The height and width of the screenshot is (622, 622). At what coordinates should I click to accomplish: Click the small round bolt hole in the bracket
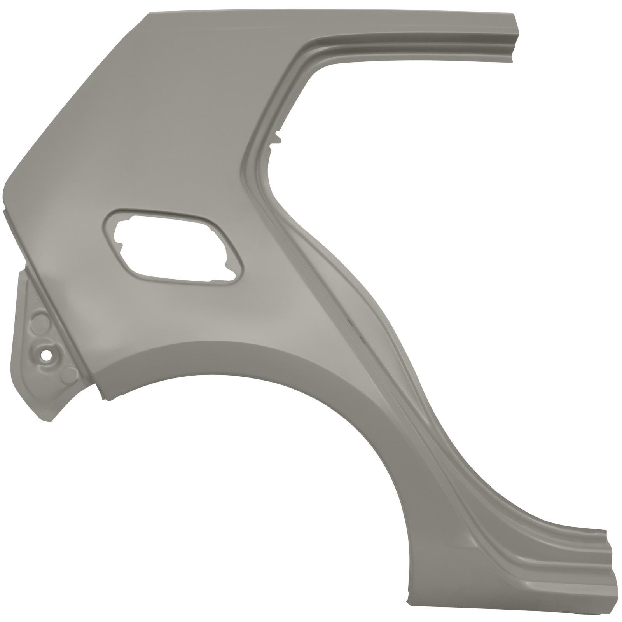48,354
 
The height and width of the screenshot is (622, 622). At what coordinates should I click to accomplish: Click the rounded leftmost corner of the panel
5,187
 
